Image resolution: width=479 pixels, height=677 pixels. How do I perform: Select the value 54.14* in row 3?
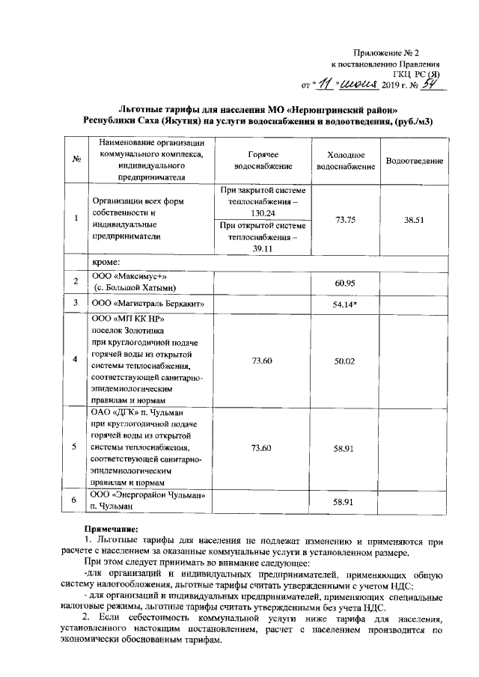point(346,304)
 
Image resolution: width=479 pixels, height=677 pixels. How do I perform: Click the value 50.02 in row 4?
point(345,361)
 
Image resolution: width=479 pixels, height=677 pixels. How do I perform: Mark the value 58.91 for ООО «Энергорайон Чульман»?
point(345,500)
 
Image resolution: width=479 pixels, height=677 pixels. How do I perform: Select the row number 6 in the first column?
point(75,500)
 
